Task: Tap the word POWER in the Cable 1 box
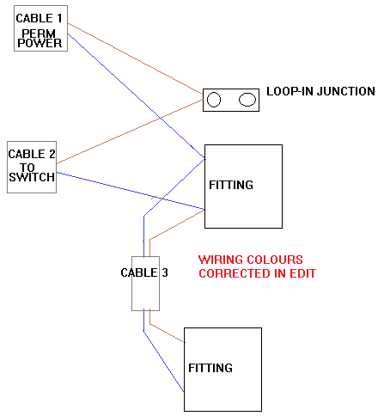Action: click(41, 43)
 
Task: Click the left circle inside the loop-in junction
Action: click(214, 100)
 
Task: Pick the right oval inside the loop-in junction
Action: click(247, 100)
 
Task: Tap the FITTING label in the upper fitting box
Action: click(231, 185)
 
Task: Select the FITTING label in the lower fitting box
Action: click(211, 368)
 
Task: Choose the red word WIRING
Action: click(221, 259)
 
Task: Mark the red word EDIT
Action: click(302, 273)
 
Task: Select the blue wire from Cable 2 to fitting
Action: click(129, 190)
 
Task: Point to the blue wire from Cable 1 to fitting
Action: click(137, 95)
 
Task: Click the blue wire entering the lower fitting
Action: click(163, 361)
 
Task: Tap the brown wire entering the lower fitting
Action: click(168, 333)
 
